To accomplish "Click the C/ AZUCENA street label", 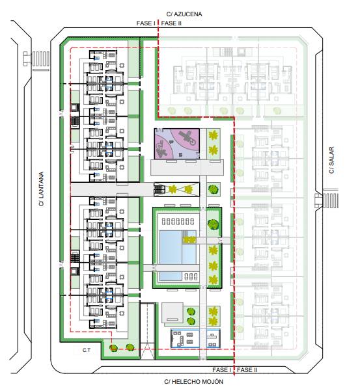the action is coord(184,14).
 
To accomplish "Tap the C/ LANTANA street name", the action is coord(41,189).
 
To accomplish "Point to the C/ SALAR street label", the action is coord(331,160).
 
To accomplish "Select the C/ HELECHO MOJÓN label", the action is coord(193,382).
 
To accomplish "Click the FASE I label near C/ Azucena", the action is coord(146,23).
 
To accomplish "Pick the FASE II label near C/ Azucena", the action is coord(171,23).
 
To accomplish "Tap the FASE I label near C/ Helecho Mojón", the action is coord(221,370).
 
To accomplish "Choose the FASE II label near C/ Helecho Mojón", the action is coord(247,370).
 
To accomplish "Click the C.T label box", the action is coord(86,350).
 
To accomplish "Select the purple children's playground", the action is coord(177,144).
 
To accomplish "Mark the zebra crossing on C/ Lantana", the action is coord(41,59).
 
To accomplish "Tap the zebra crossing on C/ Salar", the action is coord(330,200).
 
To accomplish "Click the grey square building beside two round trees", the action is coord(173,313).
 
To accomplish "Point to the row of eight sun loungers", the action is coord(178,221).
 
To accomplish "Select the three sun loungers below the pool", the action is coord(191,276).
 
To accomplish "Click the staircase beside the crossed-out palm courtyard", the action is coord(159,190).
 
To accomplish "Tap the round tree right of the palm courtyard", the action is coord(213,189).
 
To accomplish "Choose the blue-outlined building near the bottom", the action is coord(195,339).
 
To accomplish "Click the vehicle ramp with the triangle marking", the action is coord(148,330).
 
